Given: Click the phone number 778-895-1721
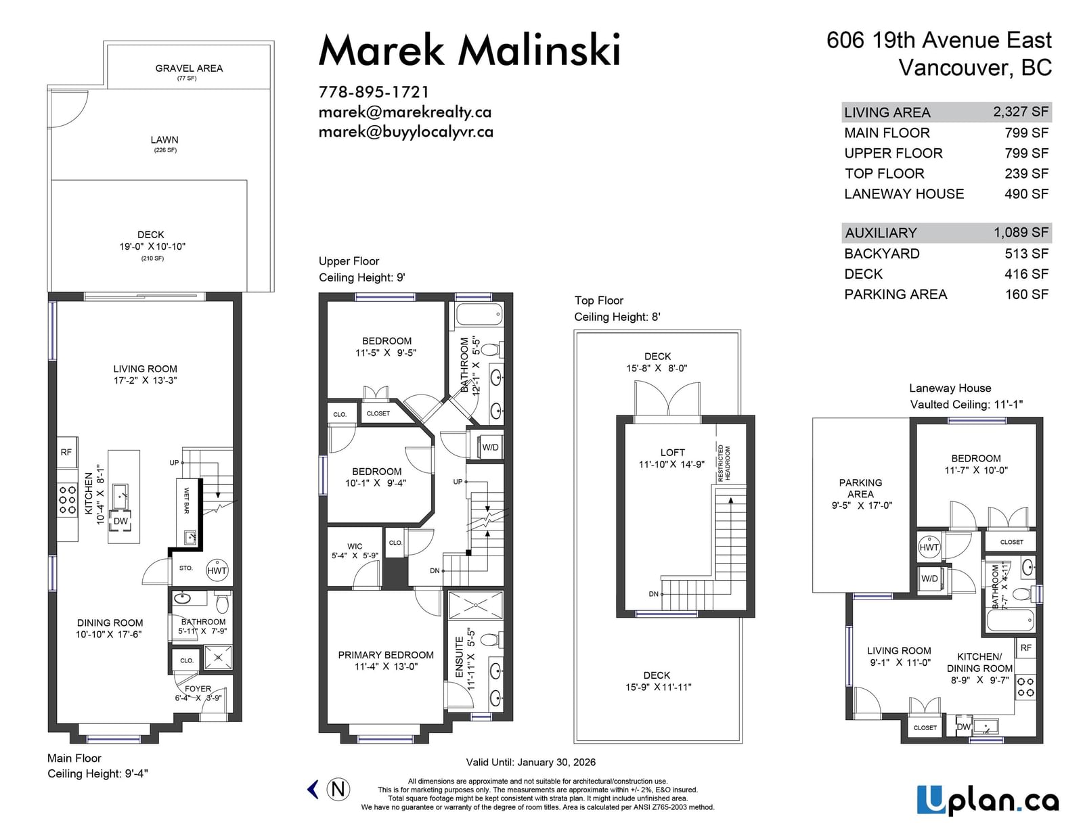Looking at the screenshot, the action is [x=374, y=92].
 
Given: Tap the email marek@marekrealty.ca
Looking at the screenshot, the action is [x=405, y=112].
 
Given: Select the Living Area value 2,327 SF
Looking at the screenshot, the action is [x=1021, y=112].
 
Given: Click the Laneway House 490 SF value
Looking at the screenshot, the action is [x=1026, y=194].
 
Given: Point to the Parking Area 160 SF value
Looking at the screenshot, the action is [x=1027, y=294].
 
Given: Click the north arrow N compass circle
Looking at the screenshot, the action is [x=338, y=789].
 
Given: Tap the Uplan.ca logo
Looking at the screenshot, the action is [x=988, y=800].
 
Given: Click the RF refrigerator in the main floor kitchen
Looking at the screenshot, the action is [x=66, y=453].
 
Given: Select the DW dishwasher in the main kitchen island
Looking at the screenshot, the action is [x=120, y=521].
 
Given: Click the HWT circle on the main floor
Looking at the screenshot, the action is [x=217, y=570].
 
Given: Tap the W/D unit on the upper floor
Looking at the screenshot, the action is [x=490, y=447].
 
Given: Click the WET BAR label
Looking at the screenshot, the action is [x=186, y=501].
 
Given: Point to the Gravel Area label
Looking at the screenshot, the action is [x=189, y=68].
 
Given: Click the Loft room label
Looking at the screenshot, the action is [x=672, y=453].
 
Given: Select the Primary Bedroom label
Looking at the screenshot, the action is [x=386, y=655].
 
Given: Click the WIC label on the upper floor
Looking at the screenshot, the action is [x=355, y=546].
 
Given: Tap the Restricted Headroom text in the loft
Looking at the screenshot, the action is [x=724, y=463].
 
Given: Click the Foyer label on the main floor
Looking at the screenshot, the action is [x=198, y=689].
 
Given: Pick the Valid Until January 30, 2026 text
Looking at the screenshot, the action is [x=531, y=763].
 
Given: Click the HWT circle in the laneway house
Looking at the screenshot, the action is [x=929, y=547].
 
